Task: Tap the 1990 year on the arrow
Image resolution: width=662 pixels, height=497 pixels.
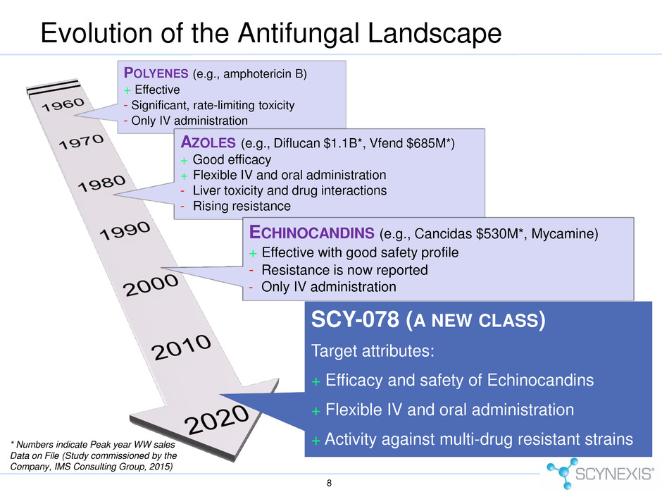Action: pyautogui.click(x=125, y=230)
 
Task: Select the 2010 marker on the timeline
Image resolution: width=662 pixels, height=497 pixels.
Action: pyautogui.click(x=181, y=347)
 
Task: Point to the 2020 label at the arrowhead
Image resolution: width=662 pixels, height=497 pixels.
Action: pyautogui.click(x=217, y=419)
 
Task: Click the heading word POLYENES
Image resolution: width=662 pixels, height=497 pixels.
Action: pyautogui.click(x=156, y=73)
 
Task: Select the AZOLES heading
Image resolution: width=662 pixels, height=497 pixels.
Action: pyautogui.click(x=208, y=142)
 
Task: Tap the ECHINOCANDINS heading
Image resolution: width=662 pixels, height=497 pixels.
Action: pyautogui.click(x=311, y=233)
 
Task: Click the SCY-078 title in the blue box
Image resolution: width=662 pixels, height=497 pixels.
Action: pyautogui.click(x=355, y=319)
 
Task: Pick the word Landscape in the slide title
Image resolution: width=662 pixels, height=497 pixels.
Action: pyautogui.click(x=435, y=33)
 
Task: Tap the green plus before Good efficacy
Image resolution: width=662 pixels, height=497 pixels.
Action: pyautogui.click(x=184, y=161)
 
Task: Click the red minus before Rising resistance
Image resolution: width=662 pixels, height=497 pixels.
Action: pyautogui.click(x=182, y=207)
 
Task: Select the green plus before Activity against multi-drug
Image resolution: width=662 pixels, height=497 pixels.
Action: pyautogui.click(x=316, y=441)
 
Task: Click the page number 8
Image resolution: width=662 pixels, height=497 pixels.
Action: pyautogui.click(x=330, y=483)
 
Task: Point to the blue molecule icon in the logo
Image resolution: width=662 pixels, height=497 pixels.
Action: pyautogui.click(x=561, y=473)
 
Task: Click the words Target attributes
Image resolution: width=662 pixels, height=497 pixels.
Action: pyautogui.click(x=373, y=351)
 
